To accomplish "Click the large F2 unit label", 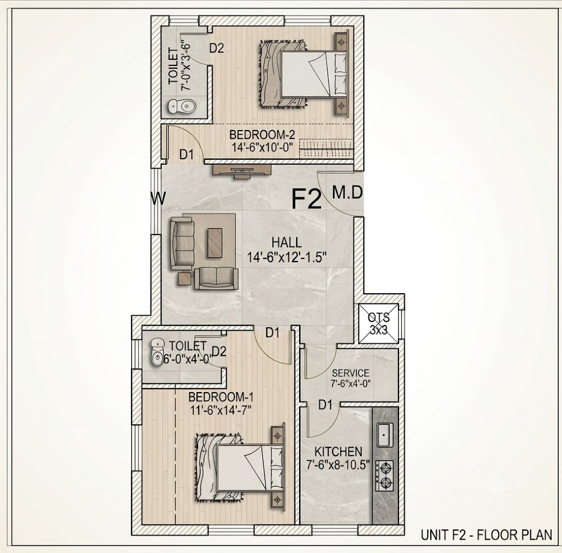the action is point(307,199).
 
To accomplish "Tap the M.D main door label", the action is point(347,192).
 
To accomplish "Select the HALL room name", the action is point(286,242).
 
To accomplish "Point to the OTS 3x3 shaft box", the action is point(379,323).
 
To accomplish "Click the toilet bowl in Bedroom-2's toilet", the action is point(182,106).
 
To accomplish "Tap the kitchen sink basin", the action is point(384,434).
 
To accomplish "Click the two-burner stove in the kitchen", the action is point(385,476).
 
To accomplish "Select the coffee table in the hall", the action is point(215,243).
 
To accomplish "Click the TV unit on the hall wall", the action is point(242,171).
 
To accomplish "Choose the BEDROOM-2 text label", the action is point(262,135).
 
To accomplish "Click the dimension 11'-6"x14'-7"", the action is point(221,409).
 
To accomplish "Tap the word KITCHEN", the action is point(338,451).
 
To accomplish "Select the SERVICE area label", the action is point(350,373).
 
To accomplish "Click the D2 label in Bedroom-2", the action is point(216,48).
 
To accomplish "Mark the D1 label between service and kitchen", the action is point(325,405).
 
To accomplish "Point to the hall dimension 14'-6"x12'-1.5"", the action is point(286,258).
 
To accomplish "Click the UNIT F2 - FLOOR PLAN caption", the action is point(486,535).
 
